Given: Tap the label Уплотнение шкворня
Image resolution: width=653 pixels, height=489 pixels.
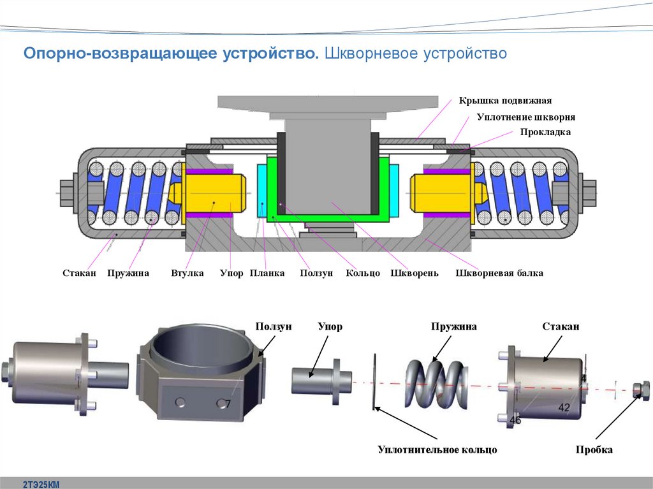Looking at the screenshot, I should [526, 117].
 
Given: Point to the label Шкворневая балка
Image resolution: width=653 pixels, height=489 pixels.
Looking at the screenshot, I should [500, 274].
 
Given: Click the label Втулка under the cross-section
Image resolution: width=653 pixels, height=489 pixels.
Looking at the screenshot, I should [187, 274].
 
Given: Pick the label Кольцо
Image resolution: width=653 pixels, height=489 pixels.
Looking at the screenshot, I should [363, 274].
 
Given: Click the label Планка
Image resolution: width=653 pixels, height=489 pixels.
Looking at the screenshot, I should [267, 274].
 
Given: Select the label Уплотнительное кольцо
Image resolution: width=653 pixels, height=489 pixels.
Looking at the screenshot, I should [437, 450].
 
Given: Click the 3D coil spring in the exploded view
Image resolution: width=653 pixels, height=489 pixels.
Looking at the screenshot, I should [434, 383].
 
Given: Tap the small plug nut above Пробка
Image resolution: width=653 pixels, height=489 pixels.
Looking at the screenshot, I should [641, 388].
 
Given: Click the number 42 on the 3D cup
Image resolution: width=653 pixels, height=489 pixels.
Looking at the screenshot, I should [564, 407].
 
